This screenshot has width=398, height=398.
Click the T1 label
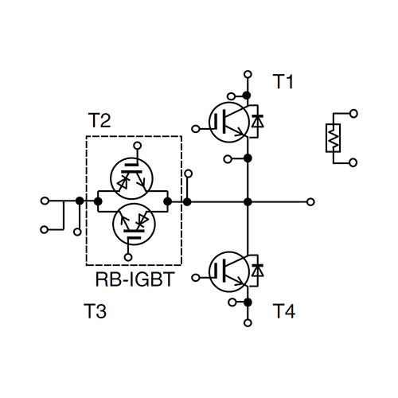pos(283,81)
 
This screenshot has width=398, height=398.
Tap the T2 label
pos(99,120)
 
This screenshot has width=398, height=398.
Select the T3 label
pos(95,310)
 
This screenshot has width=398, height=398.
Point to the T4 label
pos(284,311)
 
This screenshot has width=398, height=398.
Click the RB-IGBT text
pos(135,279)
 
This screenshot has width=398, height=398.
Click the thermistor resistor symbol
pos(333,138)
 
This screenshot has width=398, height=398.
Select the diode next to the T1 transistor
pos(257,121)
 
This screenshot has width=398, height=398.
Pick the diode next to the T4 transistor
pos(257,271)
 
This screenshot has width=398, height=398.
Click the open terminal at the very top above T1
pos(248,74)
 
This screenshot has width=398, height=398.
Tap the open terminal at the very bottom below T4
pos(248,323)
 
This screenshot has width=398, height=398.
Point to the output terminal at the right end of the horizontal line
pos(310,202)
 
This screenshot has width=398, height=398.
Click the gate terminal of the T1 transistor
pos(196,129)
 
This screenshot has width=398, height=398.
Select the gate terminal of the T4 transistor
pos(196,278)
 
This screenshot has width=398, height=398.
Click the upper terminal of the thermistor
pos(353,114)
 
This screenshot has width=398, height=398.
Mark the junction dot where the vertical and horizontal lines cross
pos(248,202)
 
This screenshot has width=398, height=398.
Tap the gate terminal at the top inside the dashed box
pos(137,146)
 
